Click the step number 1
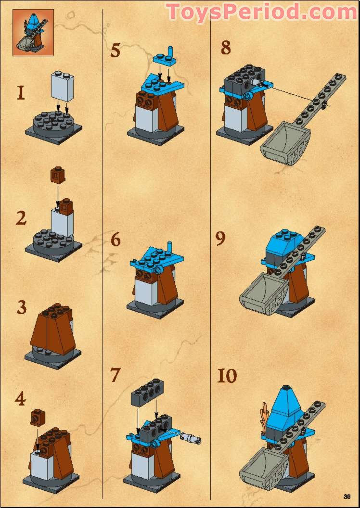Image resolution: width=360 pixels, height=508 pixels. click(x=20, y=92)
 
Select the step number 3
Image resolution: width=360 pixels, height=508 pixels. click(x=21, y=307)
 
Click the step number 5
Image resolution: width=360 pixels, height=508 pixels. click(x=115, y=50)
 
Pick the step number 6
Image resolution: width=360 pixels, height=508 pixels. click(x=116, y=240)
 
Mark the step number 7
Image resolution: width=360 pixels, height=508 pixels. click(x=115, y=375)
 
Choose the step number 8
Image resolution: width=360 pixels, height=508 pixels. click(x=226, y=48)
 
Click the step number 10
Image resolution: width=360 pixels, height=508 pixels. click(x=227, y=376)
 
